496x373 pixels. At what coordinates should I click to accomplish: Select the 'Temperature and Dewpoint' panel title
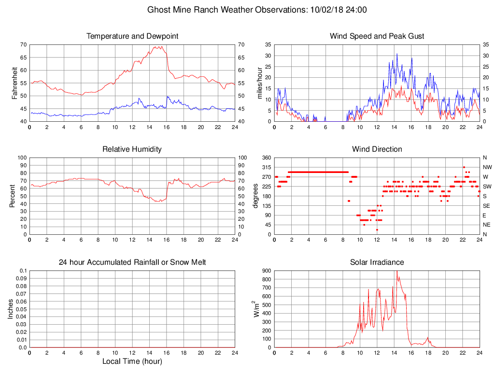pos(132,36)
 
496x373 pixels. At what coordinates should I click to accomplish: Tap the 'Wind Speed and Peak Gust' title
pos(377,36)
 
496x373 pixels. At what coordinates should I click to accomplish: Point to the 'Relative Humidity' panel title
pos(132,149)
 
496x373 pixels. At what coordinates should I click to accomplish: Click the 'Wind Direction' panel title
pos(377,149)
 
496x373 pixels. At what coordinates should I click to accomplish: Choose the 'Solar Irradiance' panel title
pos(377,262)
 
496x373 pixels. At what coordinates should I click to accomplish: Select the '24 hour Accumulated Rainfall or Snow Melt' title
pos(132,262)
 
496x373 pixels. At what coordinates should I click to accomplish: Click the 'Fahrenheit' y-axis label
pos(14,83)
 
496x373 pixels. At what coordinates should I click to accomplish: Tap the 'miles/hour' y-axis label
pos(259,83)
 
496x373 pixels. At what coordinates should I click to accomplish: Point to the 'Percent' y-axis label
pos(14,196)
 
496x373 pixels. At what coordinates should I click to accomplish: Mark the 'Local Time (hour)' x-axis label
pos(132,361)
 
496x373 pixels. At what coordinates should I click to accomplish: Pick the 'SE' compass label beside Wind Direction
pos(486,206)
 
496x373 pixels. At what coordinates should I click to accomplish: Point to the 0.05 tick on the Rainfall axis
pos(22,309)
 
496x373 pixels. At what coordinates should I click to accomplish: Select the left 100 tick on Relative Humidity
pos(21,158)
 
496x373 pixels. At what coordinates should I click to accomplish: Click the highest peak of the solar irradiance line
pos(397,272)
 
